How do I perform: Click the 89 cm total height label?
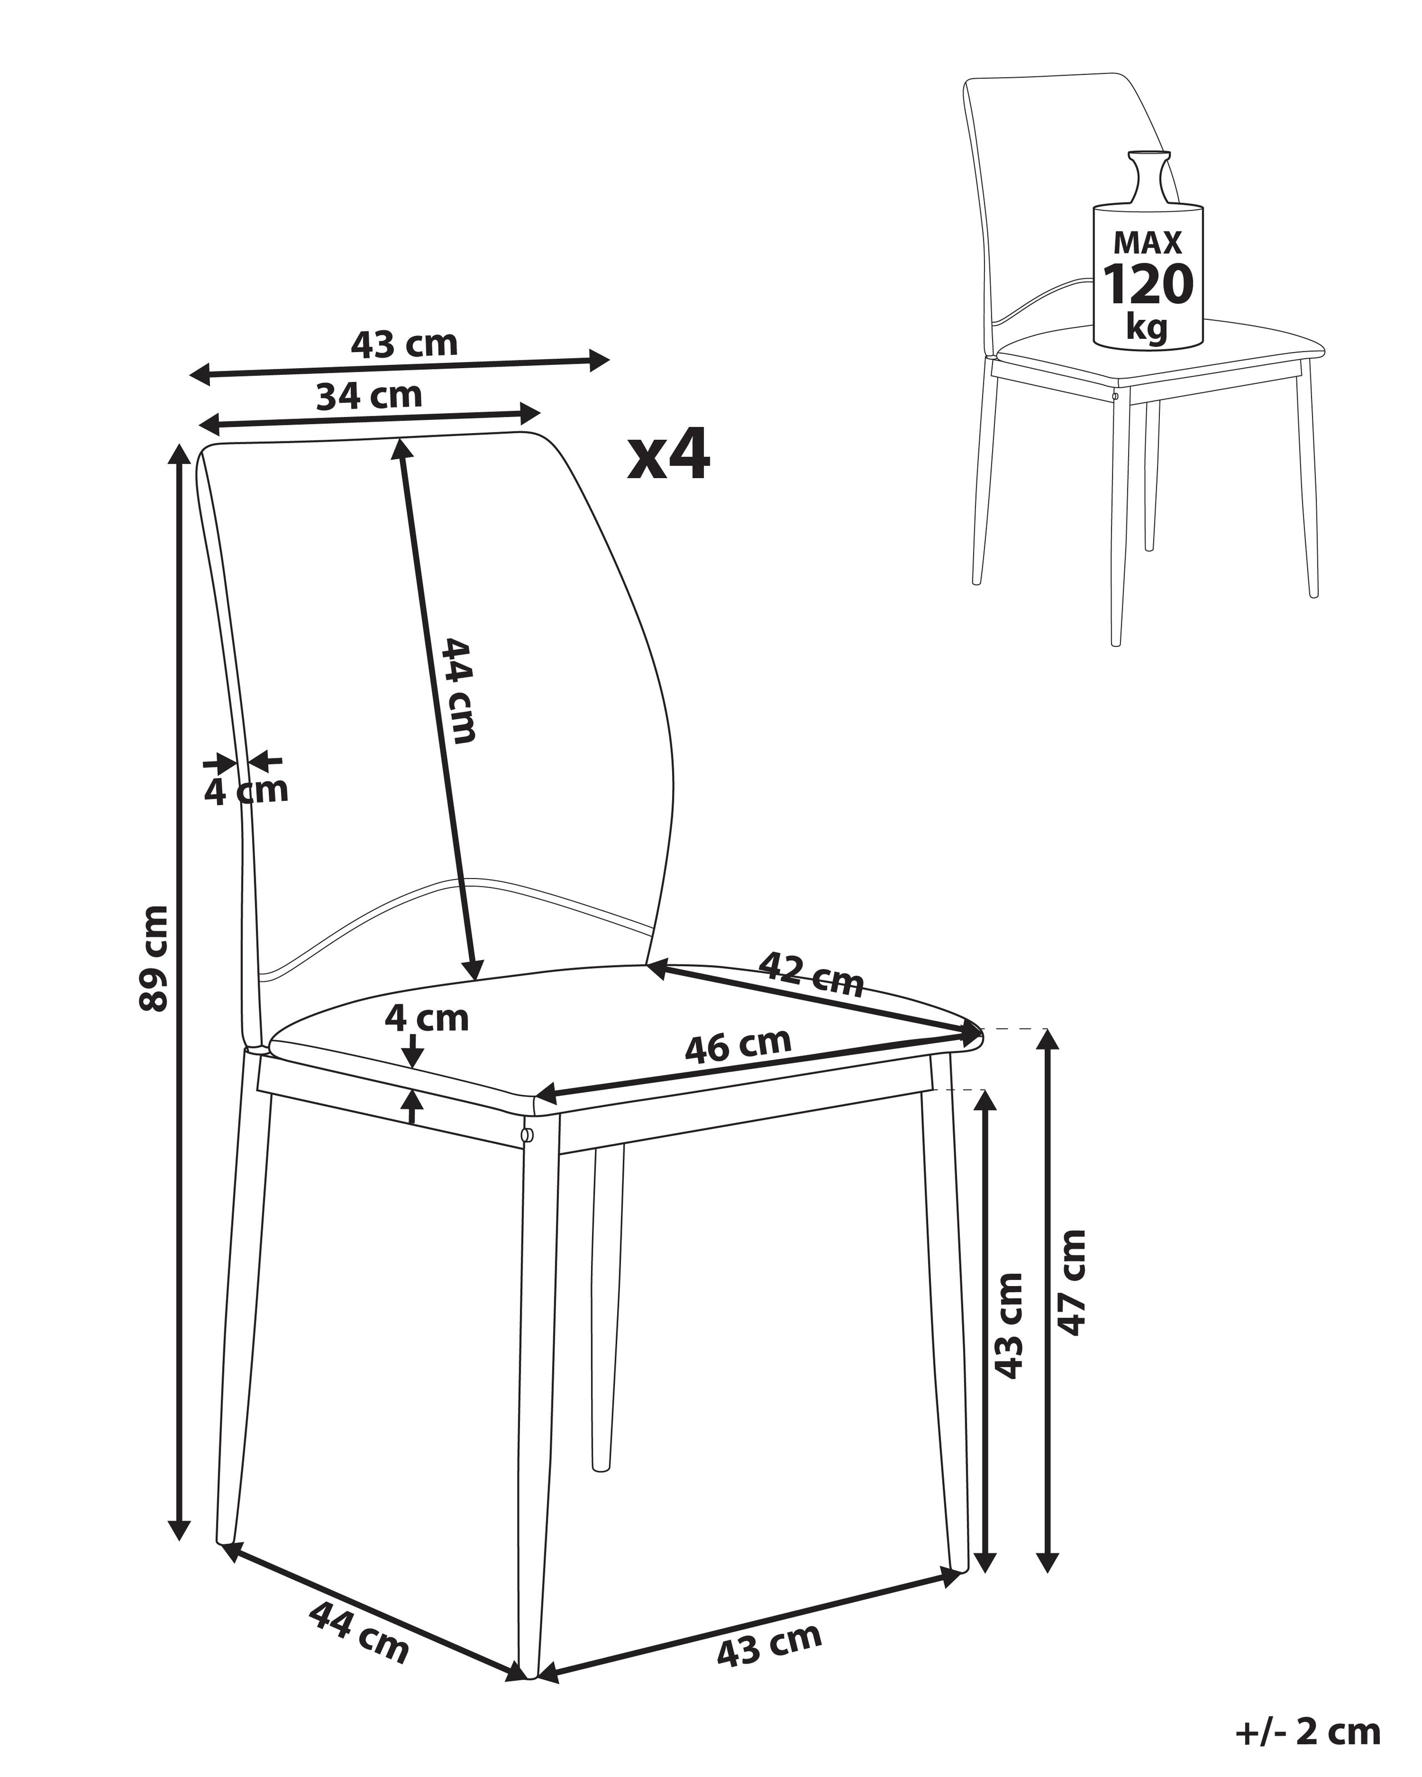(x=155, y=958)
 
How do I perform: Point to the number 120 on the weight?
(x=1148, y=284)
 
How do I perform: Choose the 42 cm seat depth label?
(x=811, y=973)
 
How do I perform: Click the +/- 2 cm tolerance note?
(x=1308, y=1731)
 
